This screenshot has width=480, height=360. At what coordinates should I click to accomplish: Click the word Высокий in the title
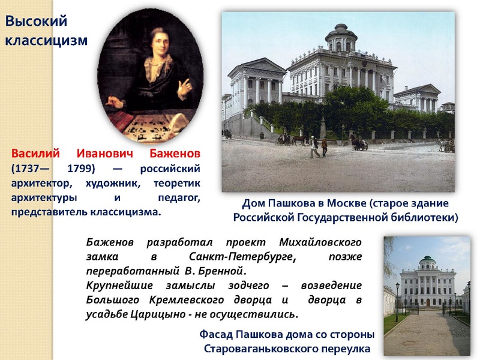(x=37, y=22)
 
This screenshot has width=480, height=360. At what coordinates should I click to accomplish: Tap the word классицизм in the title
(x=46, y=40)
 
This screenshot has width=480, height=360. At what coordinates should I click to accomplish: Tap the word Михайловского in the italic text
(x=320, y=243)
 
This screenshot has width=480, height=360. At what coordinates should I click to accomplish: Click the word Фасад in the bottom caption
(x=217, y=334)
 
